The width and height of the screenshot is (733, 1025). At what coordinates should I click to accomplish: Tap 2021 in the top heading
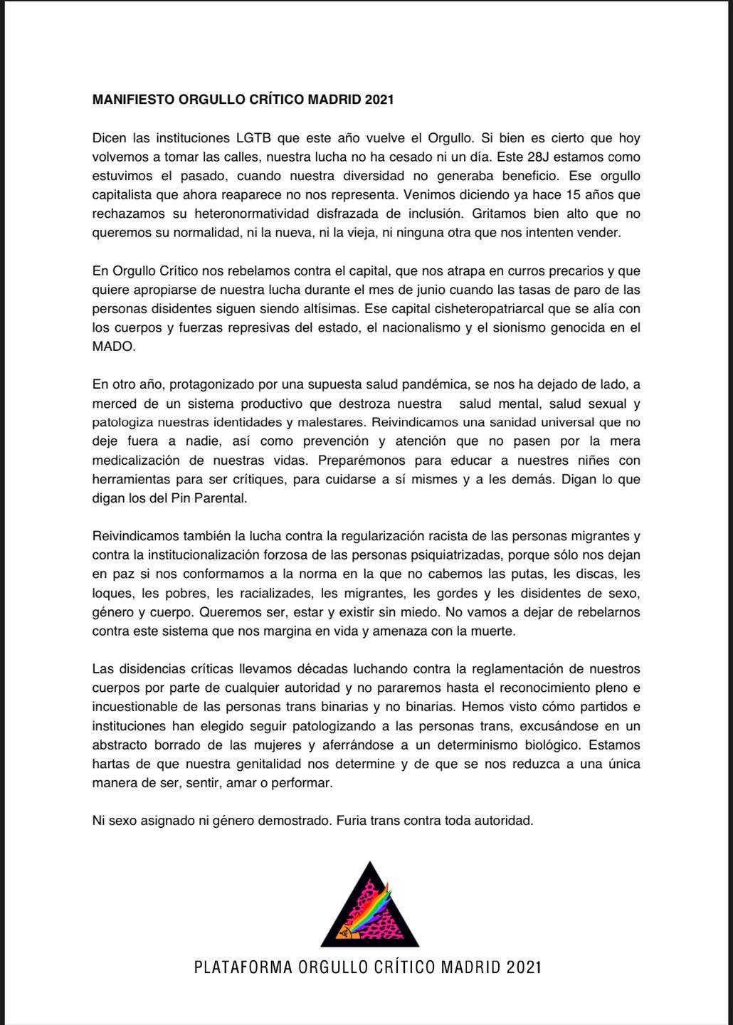pyautogui.click(x=379, y=100)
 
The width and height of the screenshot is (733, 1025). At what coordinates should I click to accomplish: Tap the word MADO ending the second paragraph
pyautogui.click(x=113, y=347)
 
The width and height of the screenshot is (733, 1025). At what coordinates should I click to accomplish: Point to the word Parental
pyautogui.click(x=220, y=498)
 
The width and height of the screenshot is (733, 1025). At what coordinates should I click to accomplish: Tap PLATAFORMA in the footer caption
pyautogui.click(x=243, y=967)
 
